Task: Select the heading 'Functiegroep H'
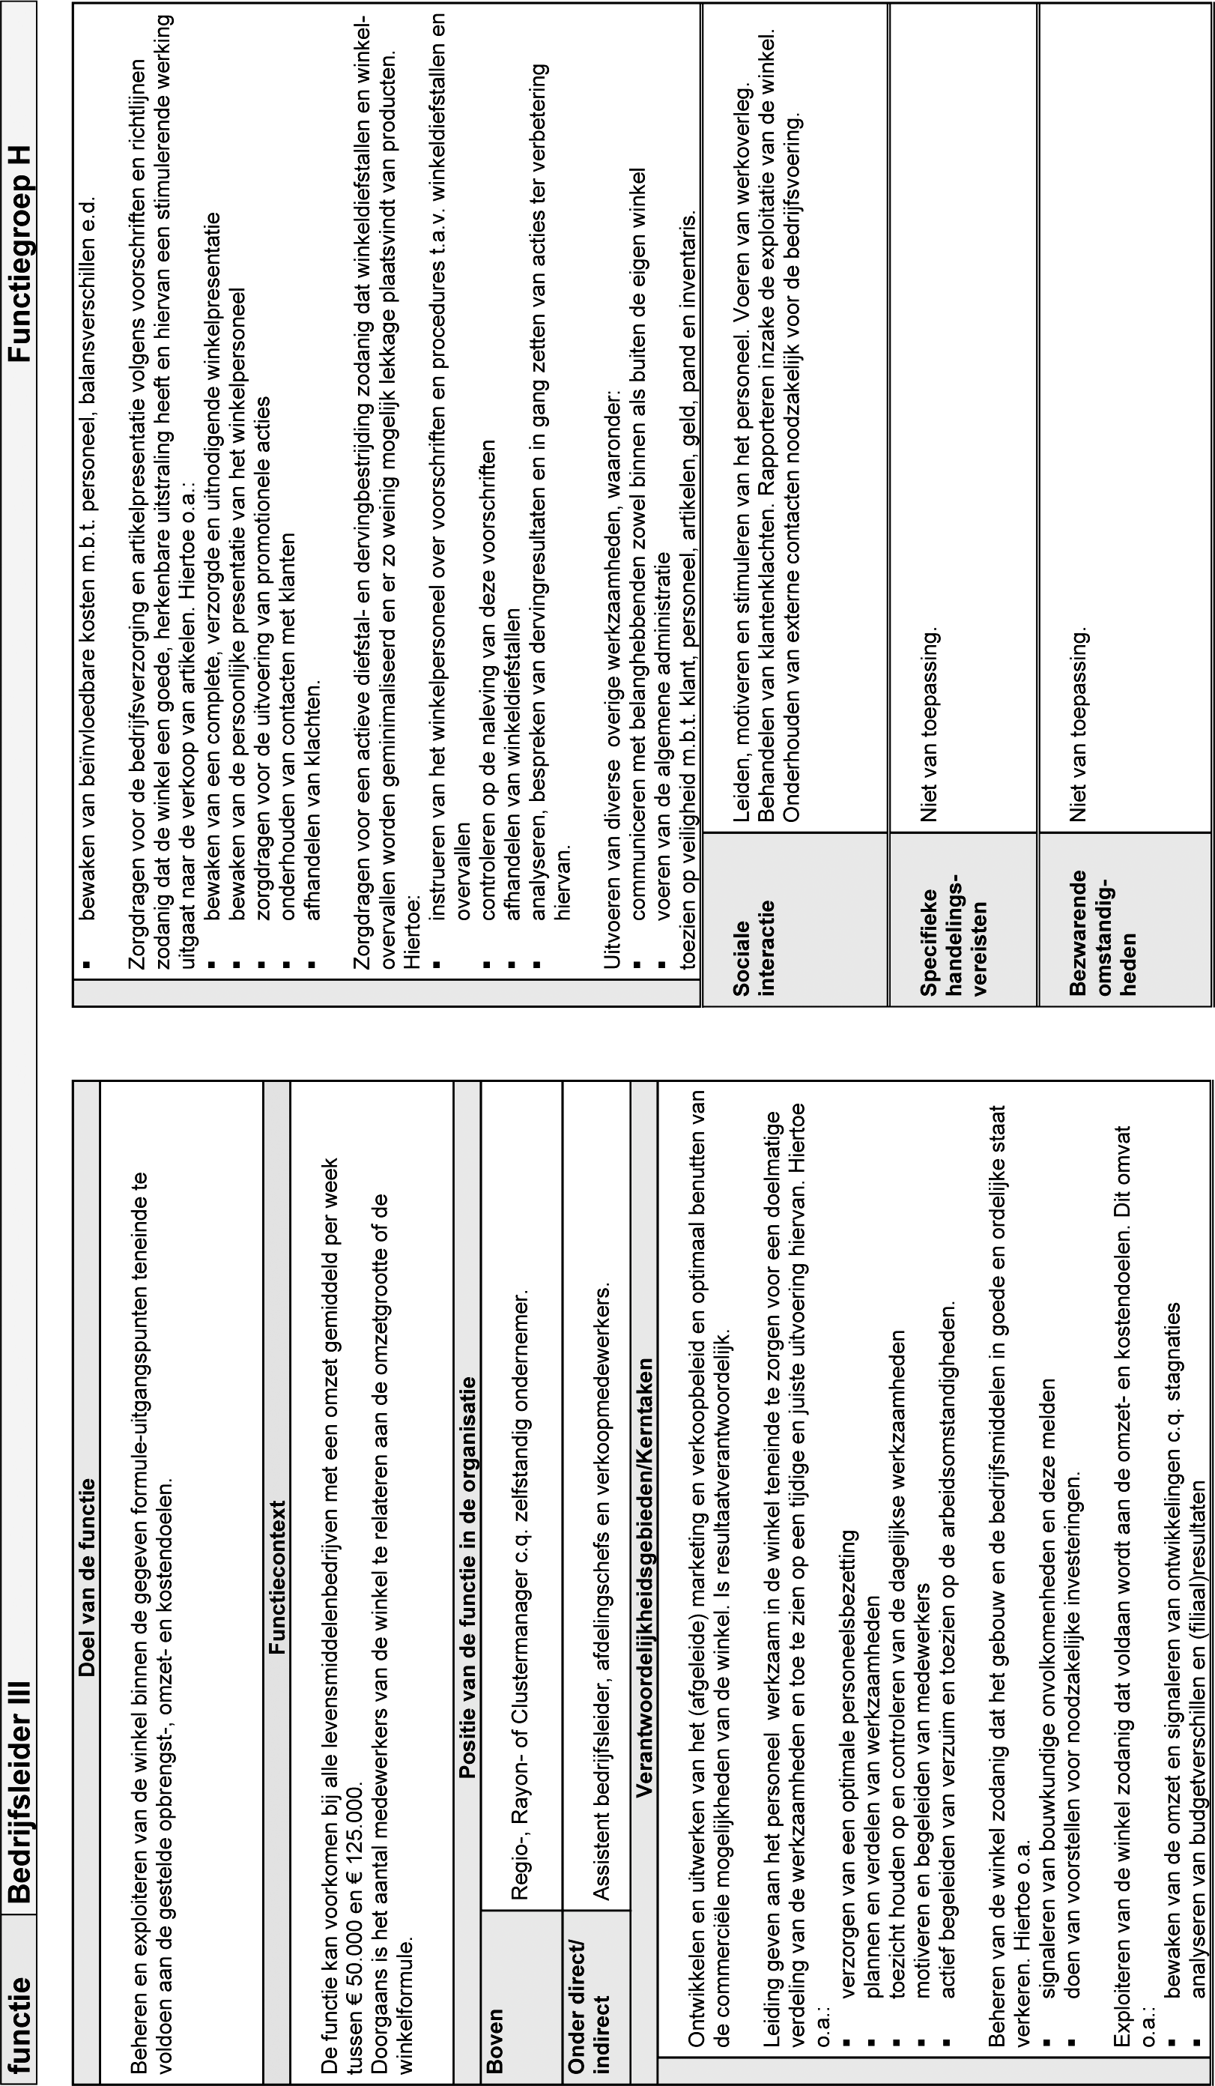point(18,253)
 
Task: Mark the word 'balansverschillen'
point(88,323)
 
